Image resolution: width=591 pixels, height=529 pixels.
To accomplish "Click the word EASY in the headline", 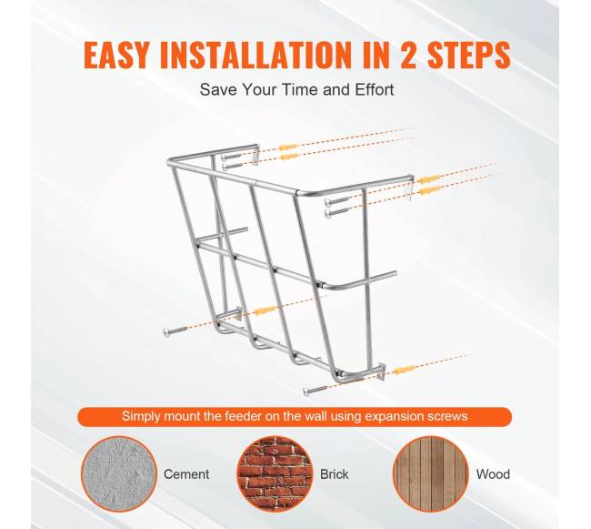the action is [x=116, y=56].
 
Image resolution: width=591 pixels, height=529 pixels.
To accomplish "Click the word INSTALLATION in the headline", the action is [x=255, y=56].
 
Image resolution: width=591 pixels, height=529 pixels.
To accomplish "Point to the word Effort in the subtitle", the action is [x=375, y=90].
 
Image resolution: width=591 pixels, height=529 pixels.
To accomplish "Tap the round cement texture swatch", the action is [x=119, y=473].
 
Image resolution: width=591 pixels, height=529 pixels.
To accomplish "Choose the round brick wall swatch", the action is [x=275, y=473].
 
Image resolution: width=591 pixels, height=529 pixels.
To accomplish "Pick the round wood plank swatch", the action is [x=430, y=473].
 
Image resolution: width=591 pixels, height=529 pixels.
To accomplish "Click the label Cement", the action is [x=186, y=473].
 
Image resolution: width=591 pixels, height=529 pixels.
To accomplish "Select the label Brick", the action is [x=335, y=473].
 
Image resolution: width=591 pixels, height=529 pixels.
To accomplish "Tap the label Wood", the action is [x=493, y=473].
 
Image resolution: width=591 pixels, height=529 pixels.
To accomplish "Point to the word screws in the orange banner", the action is [x=447, y=417].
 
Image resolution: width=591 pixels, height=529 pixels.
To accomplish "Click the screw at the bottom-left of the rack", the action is [x=175, y=332].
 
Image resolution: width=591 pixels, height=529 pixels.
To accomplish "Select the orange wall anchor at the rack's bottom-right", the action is [x=405, y=370].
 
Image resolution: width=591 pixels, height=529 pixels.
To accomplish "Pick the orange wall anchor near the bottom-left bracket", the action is [x=265, y=310].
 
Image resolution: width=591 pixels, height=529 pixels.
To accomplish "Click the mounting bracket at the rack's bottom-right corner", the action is [x=380, y=371].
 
